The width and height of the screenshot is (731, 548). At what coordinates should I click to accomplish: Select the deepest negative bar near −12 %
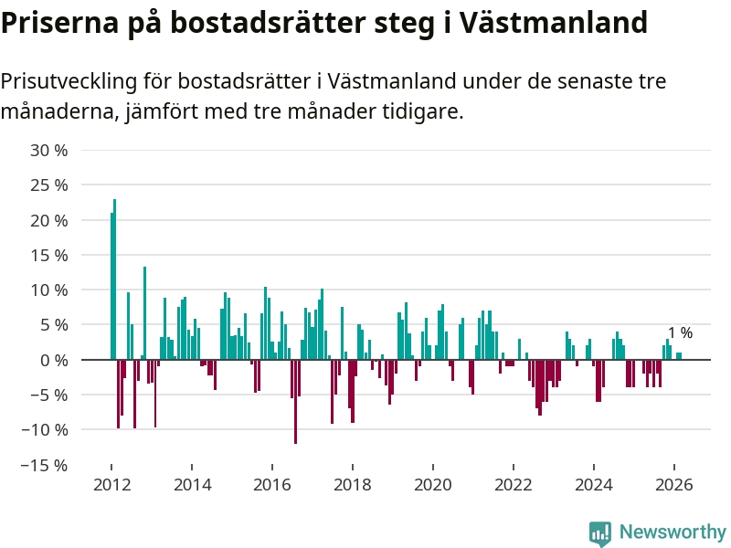[295, 401]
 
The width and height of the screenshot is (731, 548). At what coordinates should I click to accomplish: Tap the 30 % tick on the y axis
[49, 150]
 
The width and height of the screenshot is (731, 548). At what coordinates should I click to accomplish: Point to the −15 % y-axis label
[45, 465]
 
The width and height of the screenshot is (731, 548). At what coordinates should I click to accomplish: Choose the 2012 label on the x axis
[111, 484]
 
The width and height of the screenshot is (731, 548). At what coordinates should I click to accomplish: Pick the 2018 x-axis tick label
[353, 484]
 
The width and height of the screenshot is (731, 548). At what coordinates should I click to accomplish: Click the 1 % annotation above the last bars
[680, 333]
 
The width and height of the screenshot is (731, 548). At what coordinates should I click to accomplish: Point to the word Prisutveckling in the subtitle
[68, 81]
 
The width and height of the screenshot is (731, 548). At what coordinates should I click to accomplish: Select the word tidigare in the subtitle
[424, 112]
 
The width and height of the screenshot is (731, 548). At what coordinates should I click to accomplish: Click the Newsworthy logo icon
[600, 532]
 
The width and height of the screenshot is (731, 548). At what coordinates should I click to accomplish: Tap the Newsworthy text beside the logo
[673, 532]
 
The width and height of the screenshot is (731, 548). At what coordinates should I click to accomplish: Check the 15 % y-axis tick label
[49, 255]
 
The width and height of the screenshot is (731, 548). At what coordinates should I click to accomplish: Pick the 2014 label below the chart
[191, 484]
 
